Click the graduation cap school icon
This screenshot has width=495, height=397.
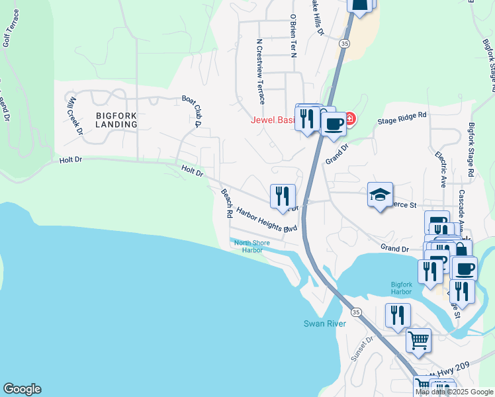tap(380, 195)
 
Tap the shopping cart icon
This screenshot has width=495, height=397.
tap(418, 341)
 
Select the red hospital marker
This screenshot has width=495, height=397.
tap(349, 119)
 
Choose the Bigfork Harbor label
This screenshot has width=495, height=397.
tap(406, 288)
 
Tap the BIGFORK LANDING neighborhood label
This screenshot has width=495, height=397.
tap(116, 119)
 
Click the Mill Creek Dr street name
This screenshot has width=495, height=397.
tap(75, 115)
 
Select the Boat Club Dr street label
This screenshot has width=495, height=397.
tap(191, 110)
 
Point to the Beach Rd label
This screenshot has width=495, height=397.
tap(226, 203)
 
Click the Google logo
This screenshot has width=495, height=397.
tap(22, 389)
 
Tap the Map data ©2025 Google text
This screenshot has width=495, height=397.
tap(454, 392)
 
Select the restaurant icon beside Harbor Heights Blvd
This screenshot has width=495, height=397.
tap(283, 195)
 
